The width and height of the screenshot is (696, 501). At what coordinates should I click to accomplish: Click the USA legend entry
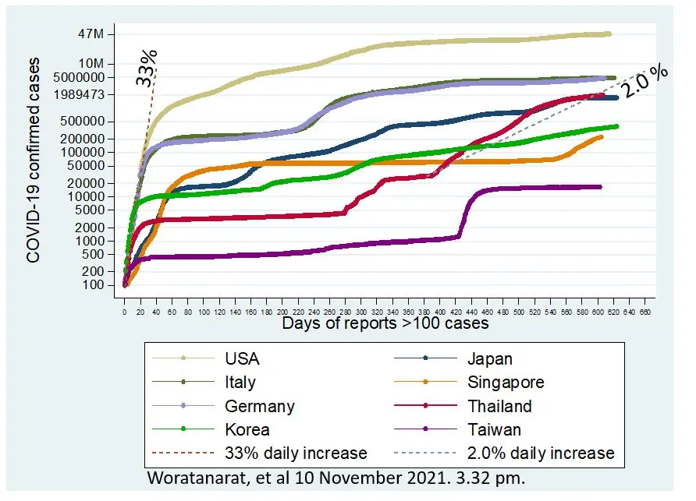[242, 359]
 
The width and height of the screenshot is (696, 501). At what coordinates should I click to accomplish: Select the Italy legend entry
[240, 383]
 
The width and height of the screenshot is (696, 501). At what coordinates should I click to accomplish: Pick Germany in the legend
[259, 406]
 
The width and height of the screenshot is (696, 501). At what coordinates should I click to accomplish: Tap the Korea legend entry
[246, 429]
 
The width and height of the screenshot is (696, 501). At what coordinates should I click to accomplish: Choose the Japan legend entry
[490, 359]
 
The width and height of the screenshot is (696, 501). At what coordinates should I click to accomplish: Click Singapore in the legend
[506, 383]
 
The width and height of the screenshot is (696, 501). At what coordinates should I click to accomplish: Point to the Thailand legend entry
[499, 406]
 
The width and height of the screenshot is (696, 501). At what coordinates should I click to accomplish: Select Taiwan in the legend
[493, 429]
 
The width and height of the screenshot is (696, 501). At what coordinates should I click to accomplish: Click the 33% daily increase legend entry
[295, 453]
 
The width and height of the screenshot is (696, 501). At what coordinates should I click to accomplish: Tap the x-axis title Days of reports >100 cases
[385, 323]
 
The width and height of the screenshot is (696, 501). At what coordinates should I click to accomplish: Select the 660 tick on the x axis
[645, 311]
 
